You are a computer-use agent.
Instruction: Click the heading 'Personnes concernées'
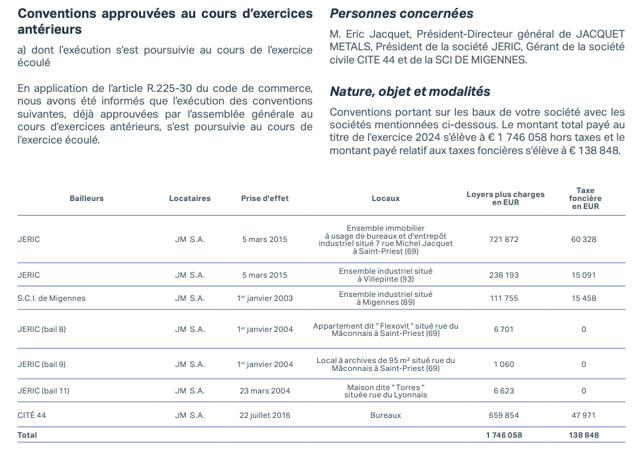401,13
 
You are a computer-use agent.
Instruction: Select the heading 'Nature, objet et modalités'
410,91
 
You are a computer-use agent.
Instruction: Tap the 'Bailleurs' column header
87,198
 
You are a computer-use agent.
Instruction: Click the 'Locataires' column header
190,198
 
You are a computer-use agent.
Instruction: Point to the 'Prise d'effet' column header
265,198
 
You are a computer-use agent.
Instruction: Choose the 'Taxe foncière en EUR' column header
585,198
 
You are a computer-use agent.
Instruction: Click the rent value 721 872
504,239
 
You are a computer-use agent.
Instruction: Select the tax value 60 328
584,239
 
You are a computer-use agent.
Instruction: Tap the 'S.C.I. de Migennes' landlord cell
52,298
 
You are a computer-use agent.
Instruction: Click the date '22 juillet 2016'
265,416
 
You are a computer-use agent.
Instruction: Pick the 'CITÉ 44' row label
32,416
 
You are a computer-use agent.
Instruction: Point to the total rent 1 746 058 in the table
504,435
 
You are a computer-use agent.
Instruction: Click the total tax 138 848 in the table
584,435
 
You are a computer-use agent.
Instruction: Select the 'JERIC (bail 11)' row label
44,391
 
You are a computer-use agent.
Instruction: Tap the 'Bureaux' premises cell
386,416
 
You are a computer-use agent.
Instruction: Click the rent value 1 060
504,364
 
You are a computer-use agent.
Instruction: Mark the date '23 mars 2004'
265,391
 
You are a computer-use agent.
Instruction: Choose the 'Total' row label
27,435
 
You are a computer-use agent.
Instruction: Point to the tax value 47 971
584,416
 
